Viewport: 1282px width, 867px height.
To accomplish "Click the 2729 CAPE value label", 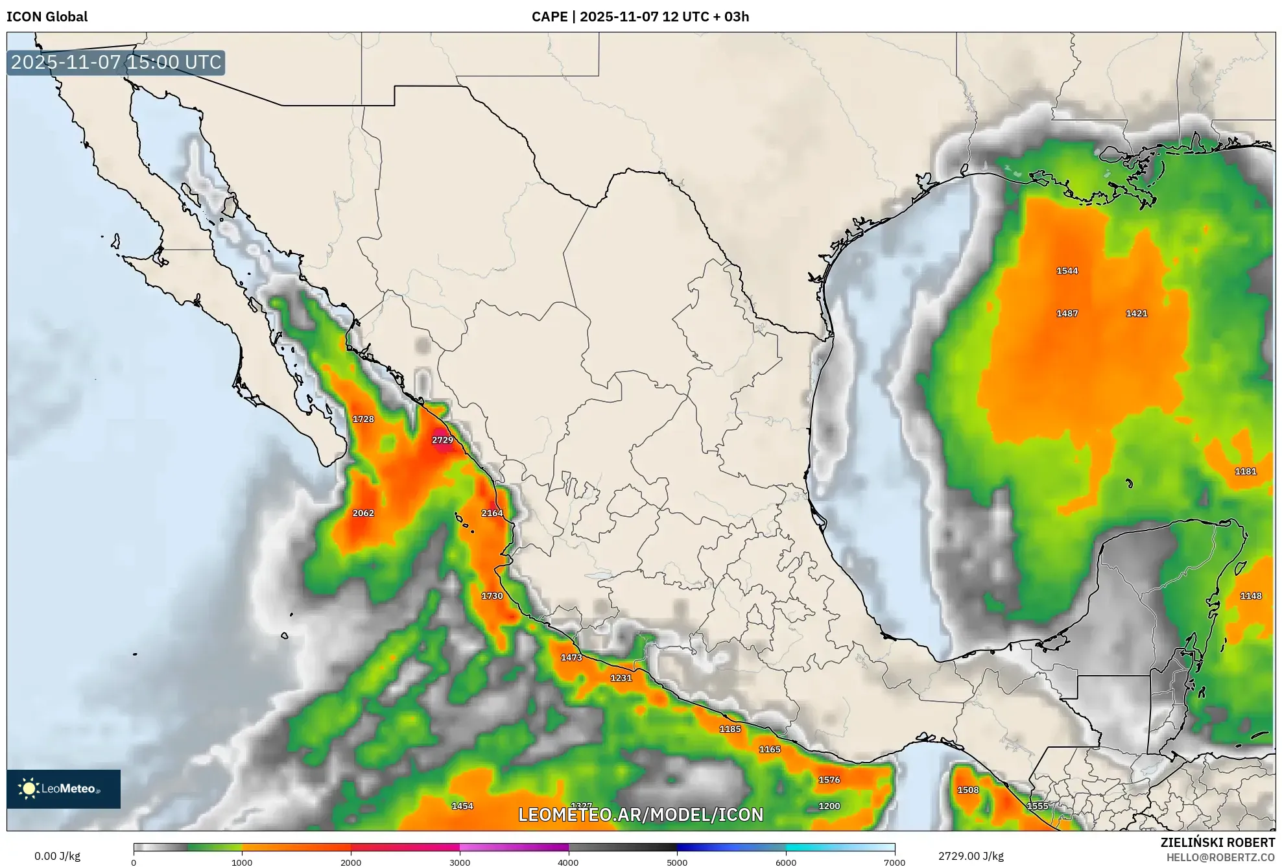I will point(442,440).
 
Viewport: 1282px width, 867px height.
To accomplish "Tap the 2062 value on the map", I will point(363,513).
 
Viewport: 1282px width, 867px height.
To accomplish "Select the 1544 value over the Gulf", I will point(1067,271).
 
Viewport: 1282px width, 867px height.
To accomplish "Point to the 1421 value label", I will point(1136,313).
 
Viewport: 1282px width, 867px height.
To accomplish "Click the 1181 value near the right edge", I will point(1245,471).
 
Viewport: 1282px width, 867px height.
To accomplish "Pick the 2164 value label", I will point(492,513).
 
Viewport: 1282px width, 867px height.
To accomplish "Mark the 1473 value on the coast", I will point(571,658).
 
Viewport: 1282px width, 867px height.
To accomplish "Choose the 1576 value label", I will point(829,780).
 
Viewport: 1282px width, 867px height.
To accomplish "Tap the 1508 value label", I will point(967,790).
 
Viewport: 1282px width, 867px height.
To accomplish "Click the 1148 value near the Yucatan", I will point(1250,596).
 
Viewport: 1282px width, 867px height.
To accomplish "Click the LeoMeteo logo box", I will point(64,789).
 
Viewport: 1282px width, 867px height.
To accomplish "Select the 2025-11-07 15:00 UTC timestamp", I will point(116,63).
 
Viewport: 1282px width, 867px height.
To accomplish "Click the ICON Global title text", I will point(47,16).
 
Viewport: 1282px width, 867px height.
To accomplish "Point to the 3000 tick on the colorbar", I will point(460,862).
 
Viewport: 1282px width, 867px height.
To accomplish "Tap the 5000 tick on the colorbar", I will point(677,862).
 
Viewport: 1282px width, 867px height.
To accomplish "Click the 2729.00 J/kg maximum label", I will point(971,856).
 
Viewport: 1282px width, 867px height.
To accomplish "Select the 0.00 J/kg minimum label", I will point(57,856).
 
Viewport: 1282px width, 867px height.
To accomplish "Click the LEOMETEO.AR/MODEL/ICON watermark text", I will point(641,814).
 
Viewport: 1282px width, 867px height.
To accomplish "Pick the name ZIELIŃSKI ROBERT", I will point(1217,842).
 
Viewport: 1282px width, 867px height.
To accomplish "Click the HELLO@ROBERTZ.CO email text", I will point(1220,857).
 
